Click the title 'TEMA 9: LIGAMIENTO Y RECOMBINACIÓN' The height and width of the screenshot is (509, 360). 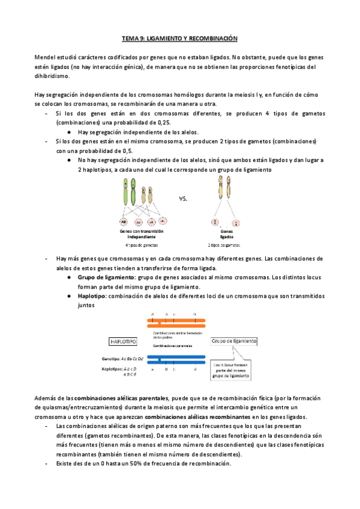click(180, 38)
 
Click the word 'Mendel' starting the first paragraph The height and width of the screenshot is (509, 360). click(46, 57)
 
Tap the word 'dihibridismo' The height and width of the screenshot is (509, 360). click(53, 76)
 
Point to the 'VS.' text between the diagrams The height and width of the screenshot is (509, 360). click(184, 199)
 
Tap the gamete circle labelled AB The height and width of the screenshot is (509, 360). click(124, 221)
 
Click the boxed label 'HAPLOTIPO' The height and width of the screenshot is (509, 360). click(123, 341)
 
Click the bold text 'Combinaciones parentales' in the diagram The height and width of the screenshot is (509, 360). click(173, 346)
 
